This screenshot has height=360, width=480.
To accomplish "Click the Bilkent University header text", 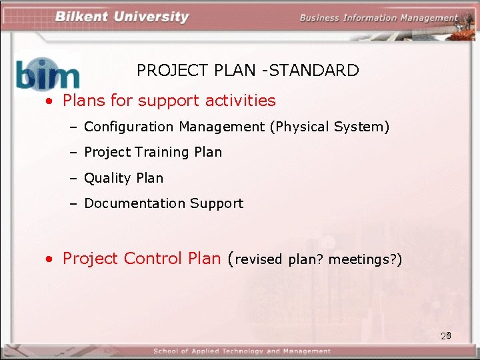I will point(122,17).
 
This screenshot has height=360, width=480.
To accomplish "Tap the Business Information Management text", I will point(379,18).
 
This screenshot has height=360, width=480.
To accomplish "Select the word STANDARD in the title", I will point(317,71).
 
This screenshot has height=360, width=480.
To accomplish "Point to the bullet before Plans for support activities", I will point(49,101).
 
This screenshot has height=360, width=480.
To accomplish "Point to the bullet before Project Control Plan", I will point(49,259).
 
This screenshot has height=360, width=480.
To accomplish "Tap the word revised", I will point(259,260).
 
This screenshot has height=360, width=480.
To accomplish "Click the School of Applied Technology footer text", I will point(241,351).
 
